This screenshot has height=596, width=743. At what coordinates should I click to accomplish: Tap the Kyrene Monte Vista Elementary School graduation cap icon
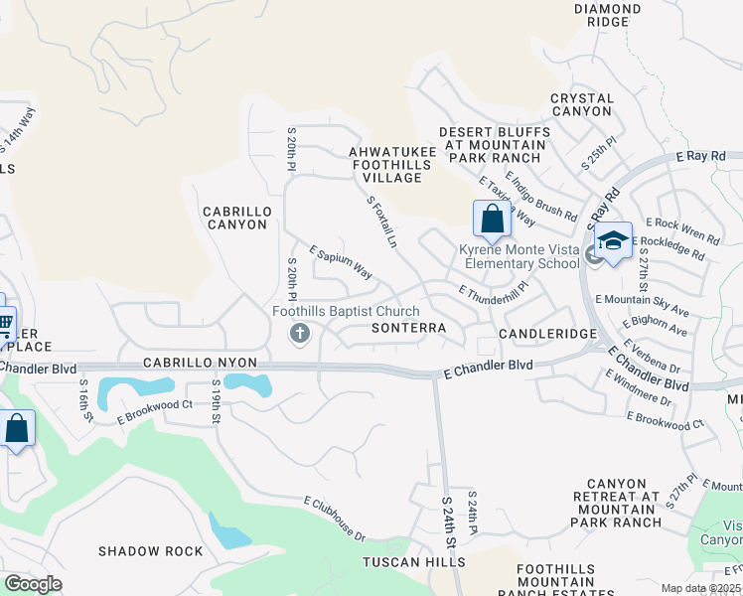pos(613,241)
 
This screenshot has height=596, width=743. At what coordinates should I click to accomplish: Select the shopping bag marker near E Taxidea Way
pos(492,220)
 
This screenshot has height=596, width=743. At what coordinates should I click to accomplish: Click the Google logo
pos(34,584)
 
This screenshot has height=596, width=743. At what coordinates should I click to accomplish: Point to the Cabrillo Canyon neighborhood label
pos(235,218)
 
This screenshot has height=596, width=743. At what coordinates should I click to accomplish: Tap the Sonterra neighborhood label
pos(407,327)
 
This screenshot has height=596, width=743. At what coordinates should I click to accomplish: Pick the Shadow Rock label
pos(150,551)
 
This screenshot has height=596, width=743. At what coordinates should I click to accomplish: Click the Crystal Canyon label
pos(581,104)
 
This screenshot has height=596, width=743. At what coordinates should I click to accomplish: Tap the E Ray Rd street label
pos(701,156)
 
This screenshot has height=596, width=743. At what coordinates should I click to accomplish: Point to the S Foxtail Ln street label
pos(382,223)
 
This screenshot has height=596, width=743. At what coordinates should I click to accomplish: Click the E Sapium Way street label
pos(341,263)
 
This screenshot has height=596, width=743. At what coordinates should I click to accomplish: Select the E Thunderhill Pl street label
pos(493,292)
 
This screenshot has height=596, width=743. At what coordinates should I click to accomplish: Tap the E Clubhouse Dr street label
pos(334,519)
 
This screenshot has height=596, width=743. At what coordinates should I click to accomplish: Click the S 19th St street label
pos(215,402)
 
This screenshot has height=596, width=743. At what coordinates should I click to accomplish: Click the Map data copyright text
pos(701,588)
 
